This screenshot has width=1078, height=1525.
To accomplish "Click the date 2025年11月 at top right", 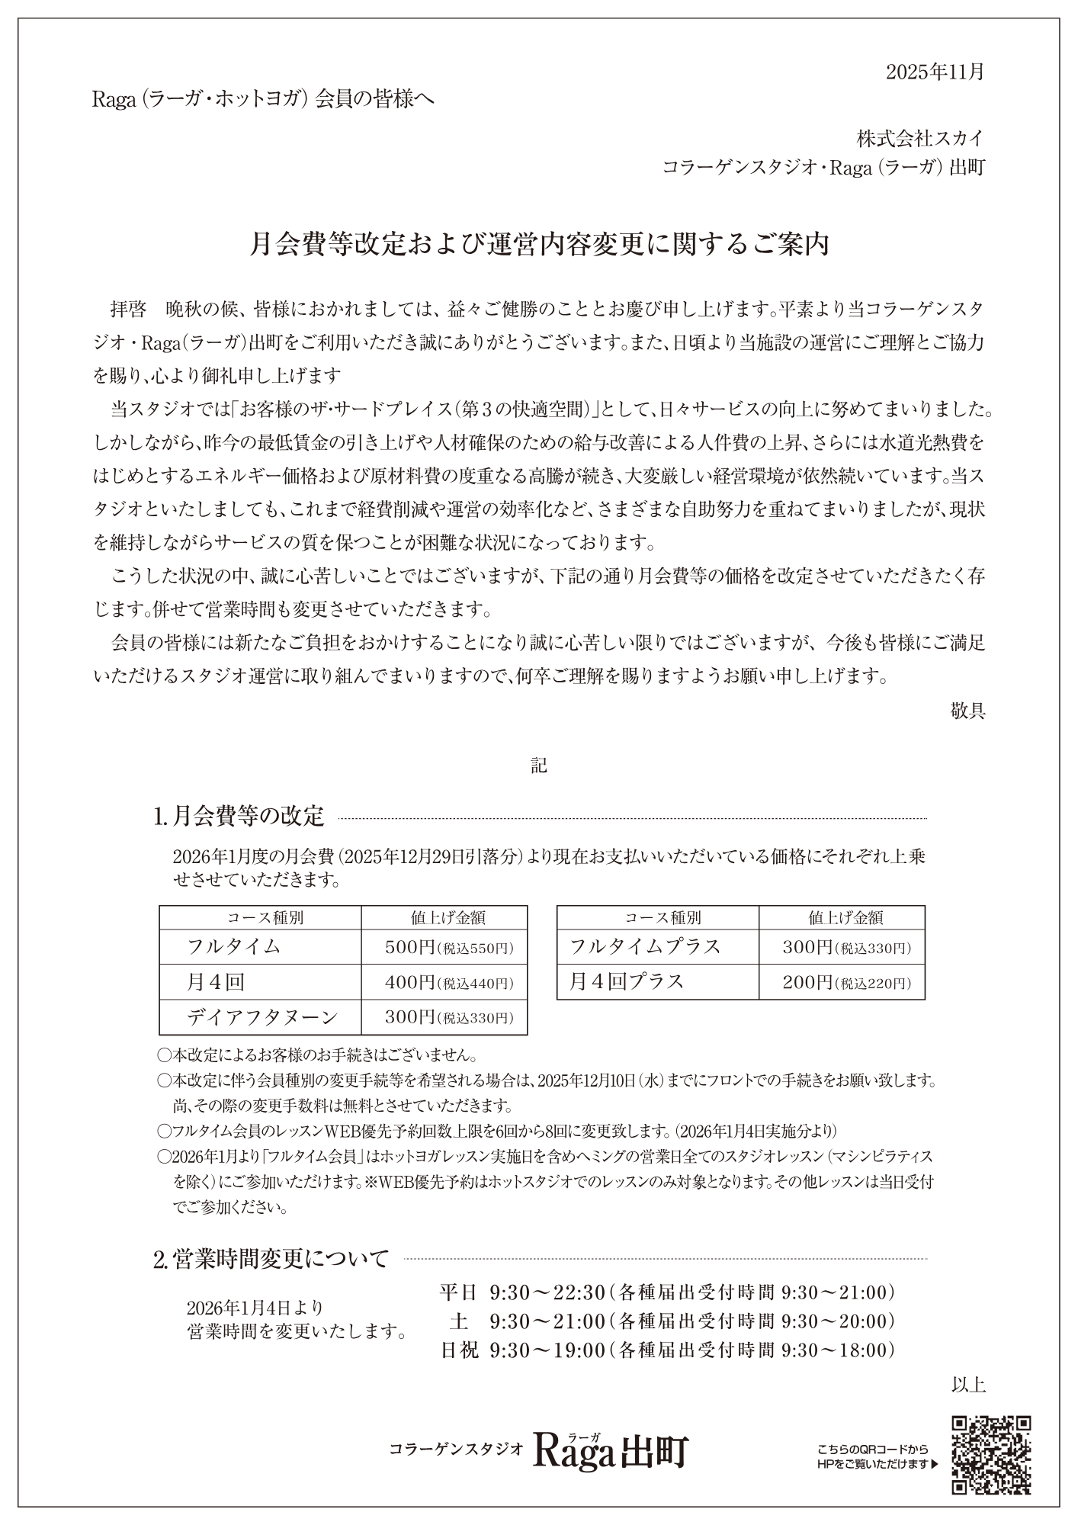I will (935, 72).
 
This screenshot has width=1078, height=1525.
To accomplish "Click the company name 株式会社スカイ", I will (920, 139).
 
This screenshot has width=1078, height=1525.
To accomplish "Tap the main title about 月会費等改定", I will (539, 245).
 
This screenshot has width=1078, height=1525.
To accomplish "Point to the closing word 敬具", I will (968, 711).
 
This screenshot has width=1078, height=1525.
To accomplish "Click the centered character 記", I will (539, 766).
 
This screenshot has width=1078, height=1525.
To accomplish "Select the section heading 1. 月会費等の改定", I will (239, 817).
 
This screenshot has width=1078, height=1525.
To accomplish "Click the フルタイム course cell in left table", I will (234, 947).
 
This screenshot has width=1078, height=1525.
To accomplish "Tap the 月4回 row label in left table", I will (216, 982).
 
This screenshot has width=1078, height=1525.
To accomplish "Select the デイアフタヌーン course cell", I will (262, 1017).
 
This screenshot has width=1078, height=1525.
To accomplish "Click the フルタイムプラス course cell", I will (646, 947).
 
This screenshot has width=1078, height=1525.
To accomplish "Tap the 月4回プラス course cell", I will (627, 982).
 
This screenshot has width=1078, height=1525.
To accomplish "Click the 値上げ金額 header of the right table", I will (842, 917).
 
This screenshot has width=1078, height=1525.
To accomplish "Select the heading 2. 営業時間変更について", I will (271, 1257).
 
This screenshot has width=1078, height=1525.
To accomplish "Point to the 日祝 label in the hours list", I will (460, 1350).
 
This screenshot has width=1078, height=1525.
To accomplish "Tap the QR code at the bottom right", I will (992, 1454).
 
